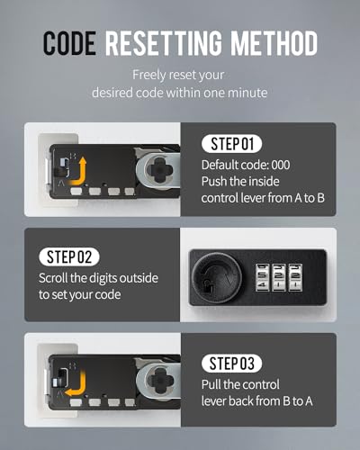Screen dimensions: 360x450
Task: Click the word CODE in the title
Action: (x=69, y=43)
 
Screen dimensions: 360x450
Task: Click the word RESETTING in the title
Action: (x=164, y=43)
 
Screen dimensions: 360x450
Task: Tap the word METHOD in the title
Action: (x=274, y=43)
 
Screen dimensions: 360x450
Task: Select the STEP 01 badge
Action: (x=231, y=144)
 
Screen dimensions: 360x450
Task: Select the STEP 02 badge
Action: (x=69, y=256)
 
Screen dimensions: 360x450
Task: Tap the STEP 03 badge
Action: (x=231, y=364)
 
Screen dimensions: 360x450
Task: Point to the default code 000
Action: (x=281, y=165)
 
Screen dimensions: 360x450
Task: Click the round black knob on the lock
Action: (x=217, y=277)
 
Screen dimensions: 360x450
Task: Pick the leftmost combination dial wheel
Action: (x=262, y=277)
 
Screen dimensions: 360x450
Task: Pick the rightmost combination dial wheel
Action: (x=295, y=277)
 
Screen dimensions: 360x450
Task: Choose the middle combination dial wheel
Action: (x=278, y=277)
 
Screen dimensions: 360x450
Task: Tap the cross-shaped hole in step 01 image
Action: (x=159, y=170)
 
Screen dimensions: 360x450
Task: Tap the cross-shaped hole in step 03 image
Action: (x=159, y=381)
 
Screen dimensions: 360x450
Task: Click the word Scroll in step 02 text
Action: (x=53, y=278)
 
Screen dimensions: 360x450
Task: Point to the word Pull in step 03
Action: (x=211, y=384)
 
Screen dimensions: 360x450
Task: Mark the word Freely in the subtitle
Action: (x=149, y=76)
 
